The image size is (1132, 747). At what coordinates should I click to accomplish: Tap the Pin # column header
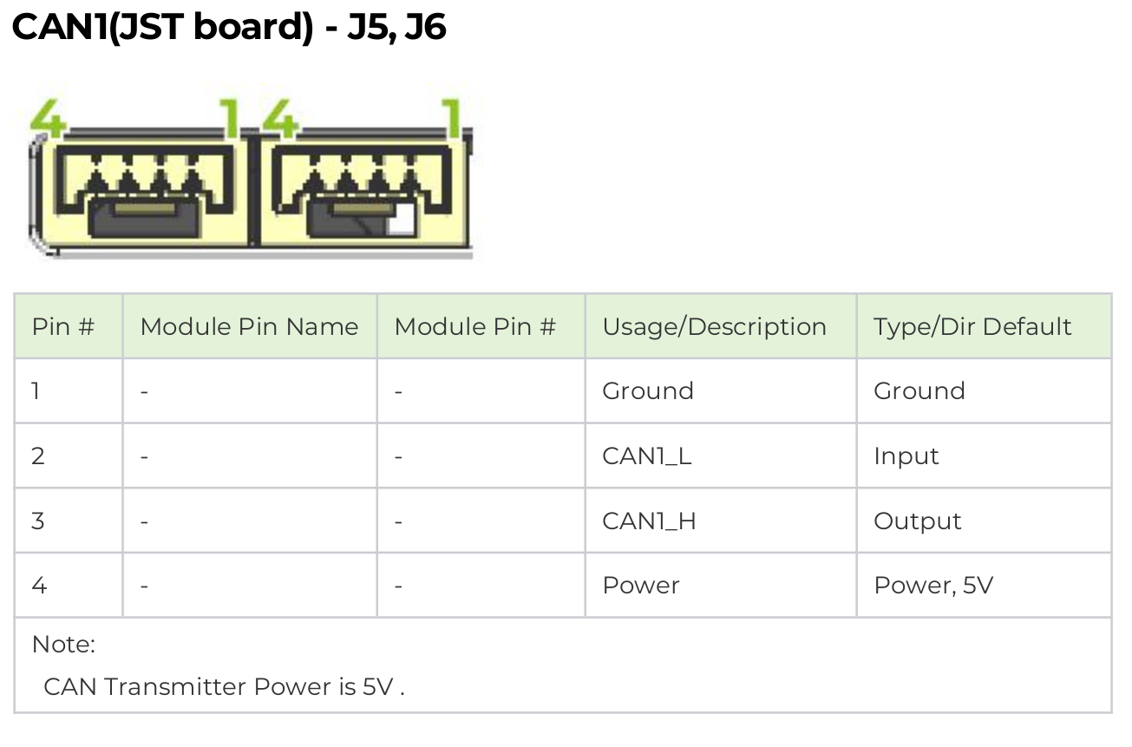[x=63, y=327]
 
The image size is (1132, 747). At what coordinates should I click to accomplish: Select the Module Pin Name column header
[x=249, y=327]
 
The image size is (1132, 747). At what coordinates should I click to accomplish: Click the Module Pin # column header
[x=475, y=327]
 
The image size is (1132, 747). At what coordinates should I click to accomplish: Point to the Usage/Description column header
[x=715, y=327]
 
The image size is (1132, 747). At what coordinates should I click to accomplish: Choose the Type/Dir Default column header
[x=972, y=327]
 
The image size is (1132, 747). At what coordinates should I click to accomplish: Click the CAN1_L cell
[x=647, y=456]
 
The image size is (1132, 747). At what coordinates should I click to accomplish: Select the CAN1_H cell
[x=649, y=521]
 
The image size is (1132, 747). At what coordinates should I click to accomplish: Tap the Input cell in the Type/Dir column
[x=906, y=456]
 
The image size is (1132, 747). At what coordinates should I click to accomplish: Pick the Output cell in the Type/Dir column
[x=917, y=521]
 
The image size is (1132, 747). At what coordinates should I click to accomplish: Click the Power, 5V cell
[x=933, y=586]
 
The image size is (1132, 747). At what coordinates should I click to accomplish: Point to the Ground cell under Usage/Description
[x=648, y=391]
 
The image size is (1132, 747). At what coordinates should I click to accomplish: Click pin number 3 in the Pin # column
[x=38, y=521]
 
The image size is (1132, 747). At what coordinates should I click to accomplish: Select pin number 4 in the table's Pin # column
[x=39, y=586]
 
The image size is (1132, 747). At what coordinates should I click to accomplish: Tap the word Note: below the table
[x=63, y=645]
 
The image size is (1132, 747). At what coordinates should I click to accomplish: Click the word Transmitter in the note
[x=176, y=687]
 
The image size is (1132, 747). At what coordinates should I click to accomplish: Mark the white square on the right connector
[x=402, y=220]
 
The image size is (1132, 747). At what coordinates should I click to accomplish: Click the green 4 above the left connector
[x=48, y=118]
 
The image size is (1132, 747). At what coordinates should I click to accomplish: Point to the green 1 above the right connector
[x=452, y=118]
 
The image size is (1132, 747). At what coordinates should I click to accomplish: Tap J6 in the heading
[x=425, y=29]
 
